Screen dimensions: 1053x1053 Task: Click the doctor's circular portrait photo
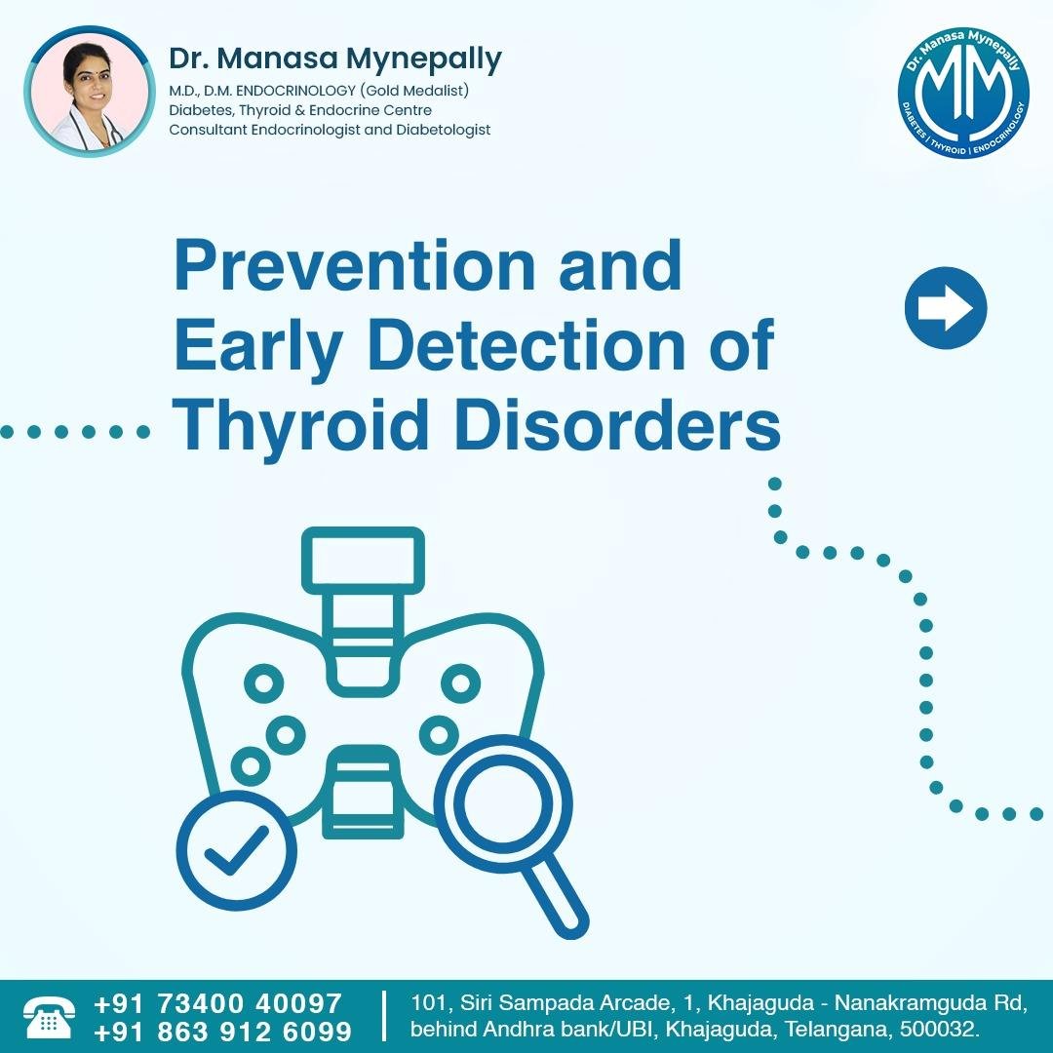pos(90,92)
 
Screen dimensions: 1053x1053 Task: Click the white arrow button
pos(946,307)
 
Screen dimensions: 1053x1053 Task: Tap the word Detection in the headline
pos(527,344)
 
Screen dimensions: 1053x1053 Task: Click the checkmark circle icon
pos(236,850)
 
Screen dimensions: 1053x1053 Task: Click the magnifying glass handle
pos(555,900)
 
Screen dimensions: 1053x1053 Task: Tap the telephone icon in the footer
pos(49,1017)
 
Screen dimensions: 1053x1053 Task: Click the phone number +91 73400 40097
pos(217,1003)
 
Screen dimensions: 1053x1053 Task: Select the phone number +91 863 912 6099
pos(223,1032)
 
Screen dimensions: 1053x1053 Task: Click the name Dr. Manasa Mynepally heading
pos(335,58)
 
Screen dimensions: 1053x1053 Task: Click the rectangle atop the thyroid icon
pos(364,561)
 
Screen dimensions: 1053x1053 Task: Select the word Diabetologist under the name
pos(444,130)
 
